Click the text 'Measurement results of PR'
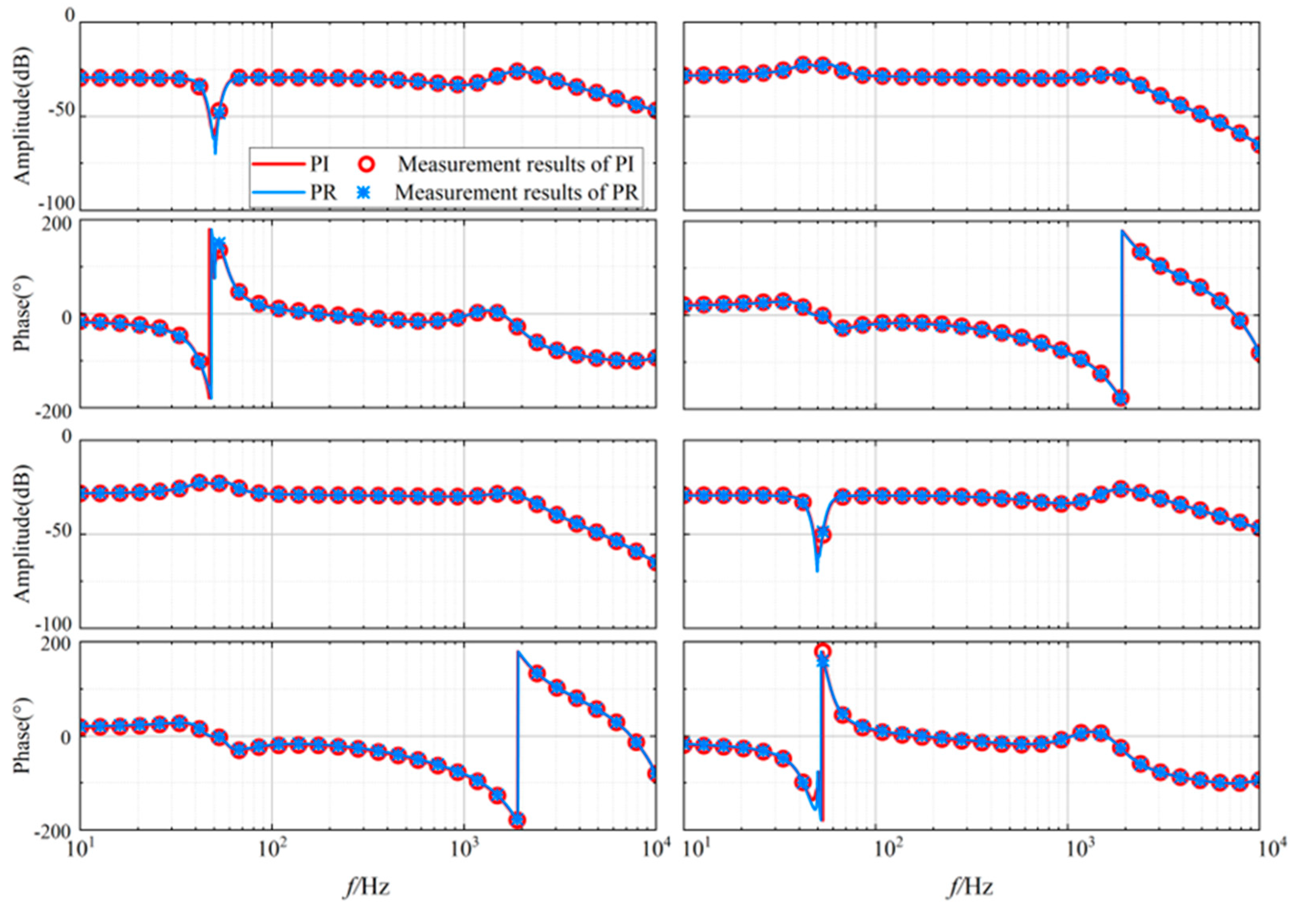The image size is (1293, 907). click(x=516, y=193)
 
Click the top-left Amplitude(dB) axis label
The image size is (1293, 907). click(x=23, y=115)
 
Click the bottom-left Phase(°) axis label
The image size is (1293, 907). click(x=23, y=736)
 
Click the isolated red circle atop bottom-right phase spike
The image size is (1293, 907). click(x=823, y=651)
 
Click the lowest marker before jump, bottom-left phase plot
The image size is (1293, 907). click(x=518, y=820)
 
